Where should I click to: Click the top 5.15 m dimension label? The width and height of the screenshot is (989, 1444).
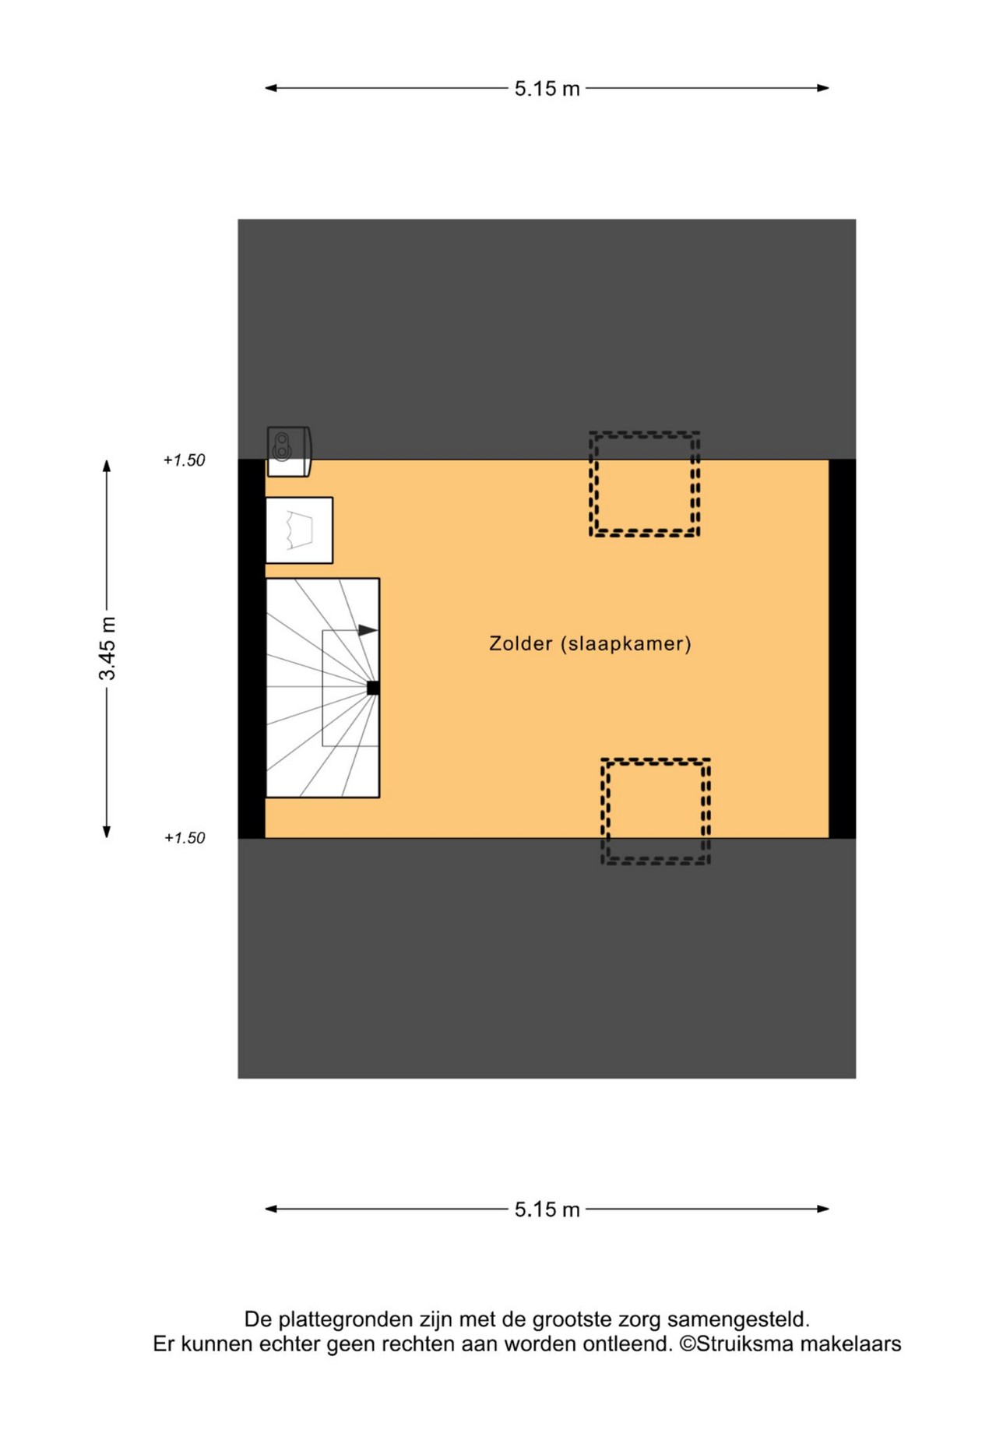(x=547, y=89)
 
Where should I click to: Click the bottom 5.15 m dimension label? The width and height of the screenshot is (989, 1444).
(x=547, y=1210)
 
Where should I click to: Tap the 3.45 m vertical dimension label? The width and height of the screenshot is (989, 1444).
(x=107, y=648)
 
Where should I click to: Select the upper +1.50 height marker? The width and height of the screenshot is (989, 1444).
(x=184, y=460)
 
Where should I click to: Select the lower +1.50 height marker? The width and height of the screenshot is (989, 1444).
(x=185, y=838)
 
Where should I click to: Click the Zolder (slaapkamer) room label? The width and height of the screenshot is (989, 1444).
(x=590, y=644)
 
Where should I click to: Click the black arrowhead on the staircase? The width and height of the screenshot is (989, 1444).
(x=368, y=630)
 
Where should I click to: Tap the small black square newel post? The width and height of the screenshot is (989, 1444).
(x=373, y=688)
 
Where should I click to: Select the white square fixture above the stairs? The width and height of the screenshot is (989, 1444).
(x=299, y=530)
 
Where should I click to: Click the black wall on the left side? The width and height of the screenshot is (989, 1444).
(x=252, y=649)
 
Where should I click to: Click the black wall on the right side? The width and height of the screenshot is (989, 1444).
(x=843, y=649)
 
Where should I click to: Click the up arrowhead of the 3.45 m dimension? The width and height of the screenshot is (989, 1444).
(x=107, y=466)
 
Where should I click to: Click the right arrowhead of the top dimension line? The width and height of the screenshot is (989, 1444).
(x=822, y=88)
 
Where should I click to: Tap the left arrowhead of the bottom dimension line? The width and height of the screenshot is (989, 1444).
(x=272, y=1209)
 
